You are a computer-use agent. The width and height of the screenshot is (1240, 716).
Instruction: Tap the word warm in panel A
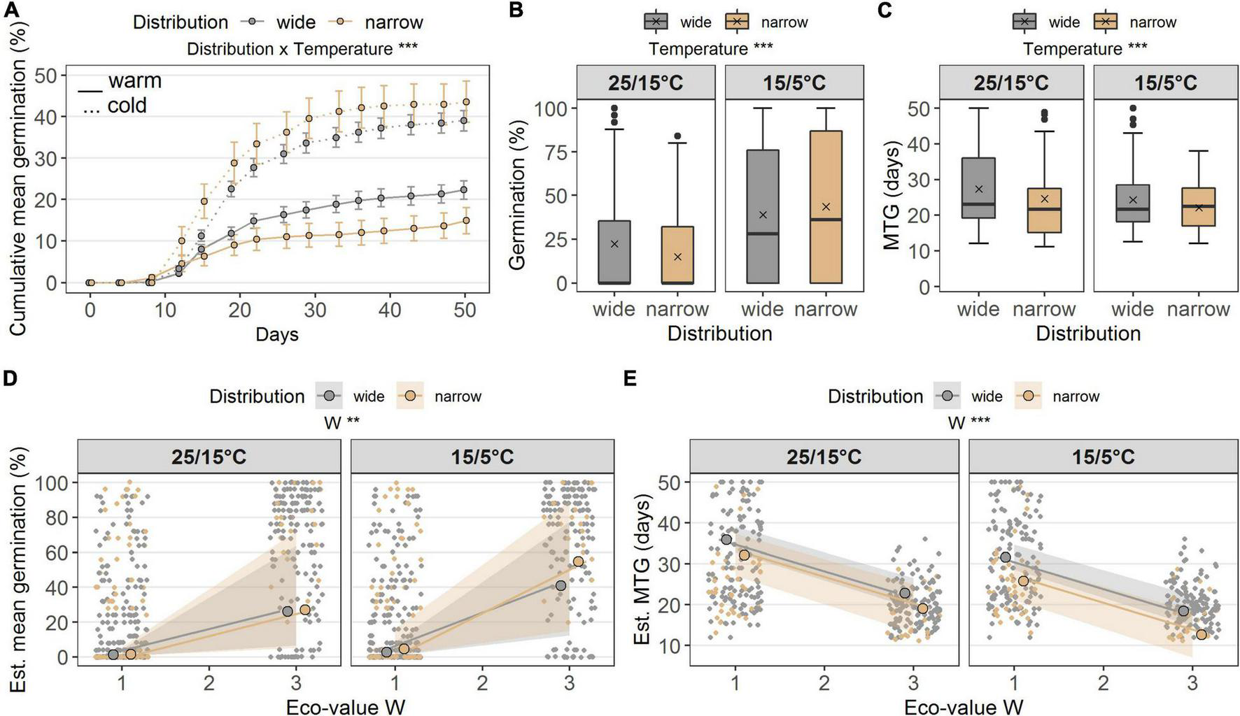point(134,81)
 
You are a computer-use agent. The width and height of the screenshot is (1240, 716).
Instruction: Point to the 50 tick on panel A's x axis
point(465,310)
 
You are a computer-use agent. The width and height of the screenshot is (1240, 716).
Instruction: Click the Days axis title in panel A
point(276,334)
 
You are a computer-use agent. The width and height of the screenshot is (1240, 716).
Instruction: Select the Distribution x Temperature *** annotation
point(302,49)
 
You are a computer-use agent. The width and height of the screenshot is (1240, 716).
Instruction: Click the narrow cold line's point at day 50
point(465,101)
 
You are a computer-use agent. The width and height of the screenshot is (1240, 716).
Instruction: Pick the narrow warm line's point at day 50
point(465,220)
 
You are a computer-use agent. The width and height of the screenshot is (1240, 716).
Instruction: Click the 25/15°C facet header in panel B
point(645,83)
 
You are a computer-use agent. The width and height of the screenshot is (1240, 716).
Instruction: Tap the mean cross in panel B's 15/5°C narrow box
point(826,206)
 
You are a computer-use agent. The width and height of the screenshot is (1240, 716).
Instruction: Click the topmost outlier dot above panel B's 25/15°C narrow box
point(677,136)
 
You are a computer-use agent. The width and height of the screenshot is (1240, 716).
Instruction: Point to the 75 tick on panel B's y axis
point(556,153)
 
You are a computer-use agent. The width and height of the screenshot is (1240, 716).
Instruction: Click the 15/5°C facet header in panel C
point(1165,83)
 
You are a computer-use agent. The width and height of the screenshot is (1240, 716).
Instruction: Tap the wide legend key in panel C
point(1024,22)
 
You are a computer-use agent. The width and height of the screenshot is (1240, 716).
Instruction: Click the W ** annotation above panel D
point(341,422)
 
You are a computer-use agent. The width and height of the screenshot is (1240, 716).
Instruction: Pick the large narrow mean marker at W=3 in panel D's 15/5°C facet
point(578,561)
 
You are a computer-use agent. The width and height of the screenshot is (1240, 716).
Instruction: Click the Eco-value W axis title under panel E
point(964,706)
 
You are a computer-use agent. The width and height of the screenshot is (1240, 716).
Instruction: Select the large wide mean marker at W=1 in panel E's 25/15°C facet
point(726,539)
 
